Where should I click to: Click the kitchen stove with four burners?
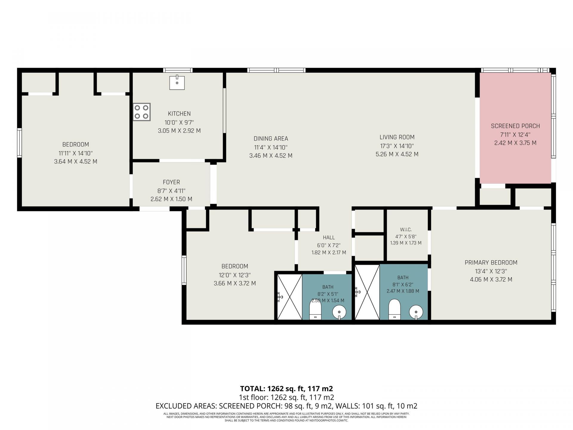point(142,112)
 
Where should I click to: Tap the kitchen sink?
point(177,83)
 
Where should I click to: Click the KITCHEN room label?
point(179,114)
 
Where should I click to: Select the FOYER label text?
point(171,182)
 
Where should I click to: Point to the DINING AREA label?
point(271,139)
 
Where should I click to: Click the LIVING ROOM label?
point(397,137)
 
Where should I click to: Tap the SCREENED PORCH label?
point(515,126)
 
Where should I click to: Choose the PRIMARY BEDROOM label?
point(491,263)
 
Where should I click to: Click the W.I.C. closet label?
point(406,230)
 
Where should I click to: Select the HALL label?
point(329,238)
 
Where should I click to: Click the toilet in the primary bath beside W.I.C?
point(394,309)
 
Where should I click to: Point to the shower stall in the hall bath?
point(290,297)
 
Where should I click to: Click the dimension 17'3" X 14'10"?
point(397,146)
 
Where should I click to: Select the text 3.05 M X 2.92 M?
point(179,131)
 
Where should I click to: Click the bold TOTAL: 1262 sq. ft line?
point(286,389)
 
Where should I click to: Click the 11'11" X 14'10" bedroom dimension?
point(76,153)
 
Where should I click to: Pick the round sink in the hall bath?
point(339,312)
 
